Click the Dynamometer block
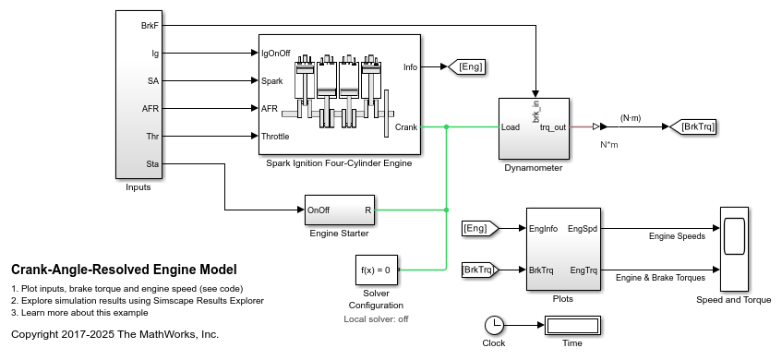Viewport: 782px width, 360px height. click(x=534, y=128)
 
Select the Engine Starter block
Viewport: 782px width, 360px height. click(x=339, y=210)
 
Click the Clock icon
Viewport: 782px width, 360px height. click(x=495, y=325)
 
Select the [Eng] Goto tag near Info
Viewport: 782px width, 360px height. click(x=465, y=66)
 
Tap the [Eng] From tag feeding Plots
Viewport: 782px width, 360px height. click(x=478, y=227)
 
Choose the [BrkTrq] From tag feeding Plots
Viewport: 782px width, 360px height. click(x=478, y=270)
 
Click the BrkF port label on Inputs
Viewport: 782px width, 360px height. click(x=148, y=26)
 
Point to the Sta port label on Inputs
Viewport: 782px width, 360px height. click(x=151, y=164)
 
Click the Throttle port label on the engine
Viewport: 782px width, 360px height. click(x=275, y=137)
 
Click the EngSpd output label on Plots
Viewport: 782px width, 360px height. click(x=583, y=227)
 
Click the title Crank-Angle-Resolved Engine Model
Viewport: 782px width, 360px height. click(x=124, y=270)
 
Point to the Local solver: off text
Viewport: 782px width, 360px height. click(x=377, y=318)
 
